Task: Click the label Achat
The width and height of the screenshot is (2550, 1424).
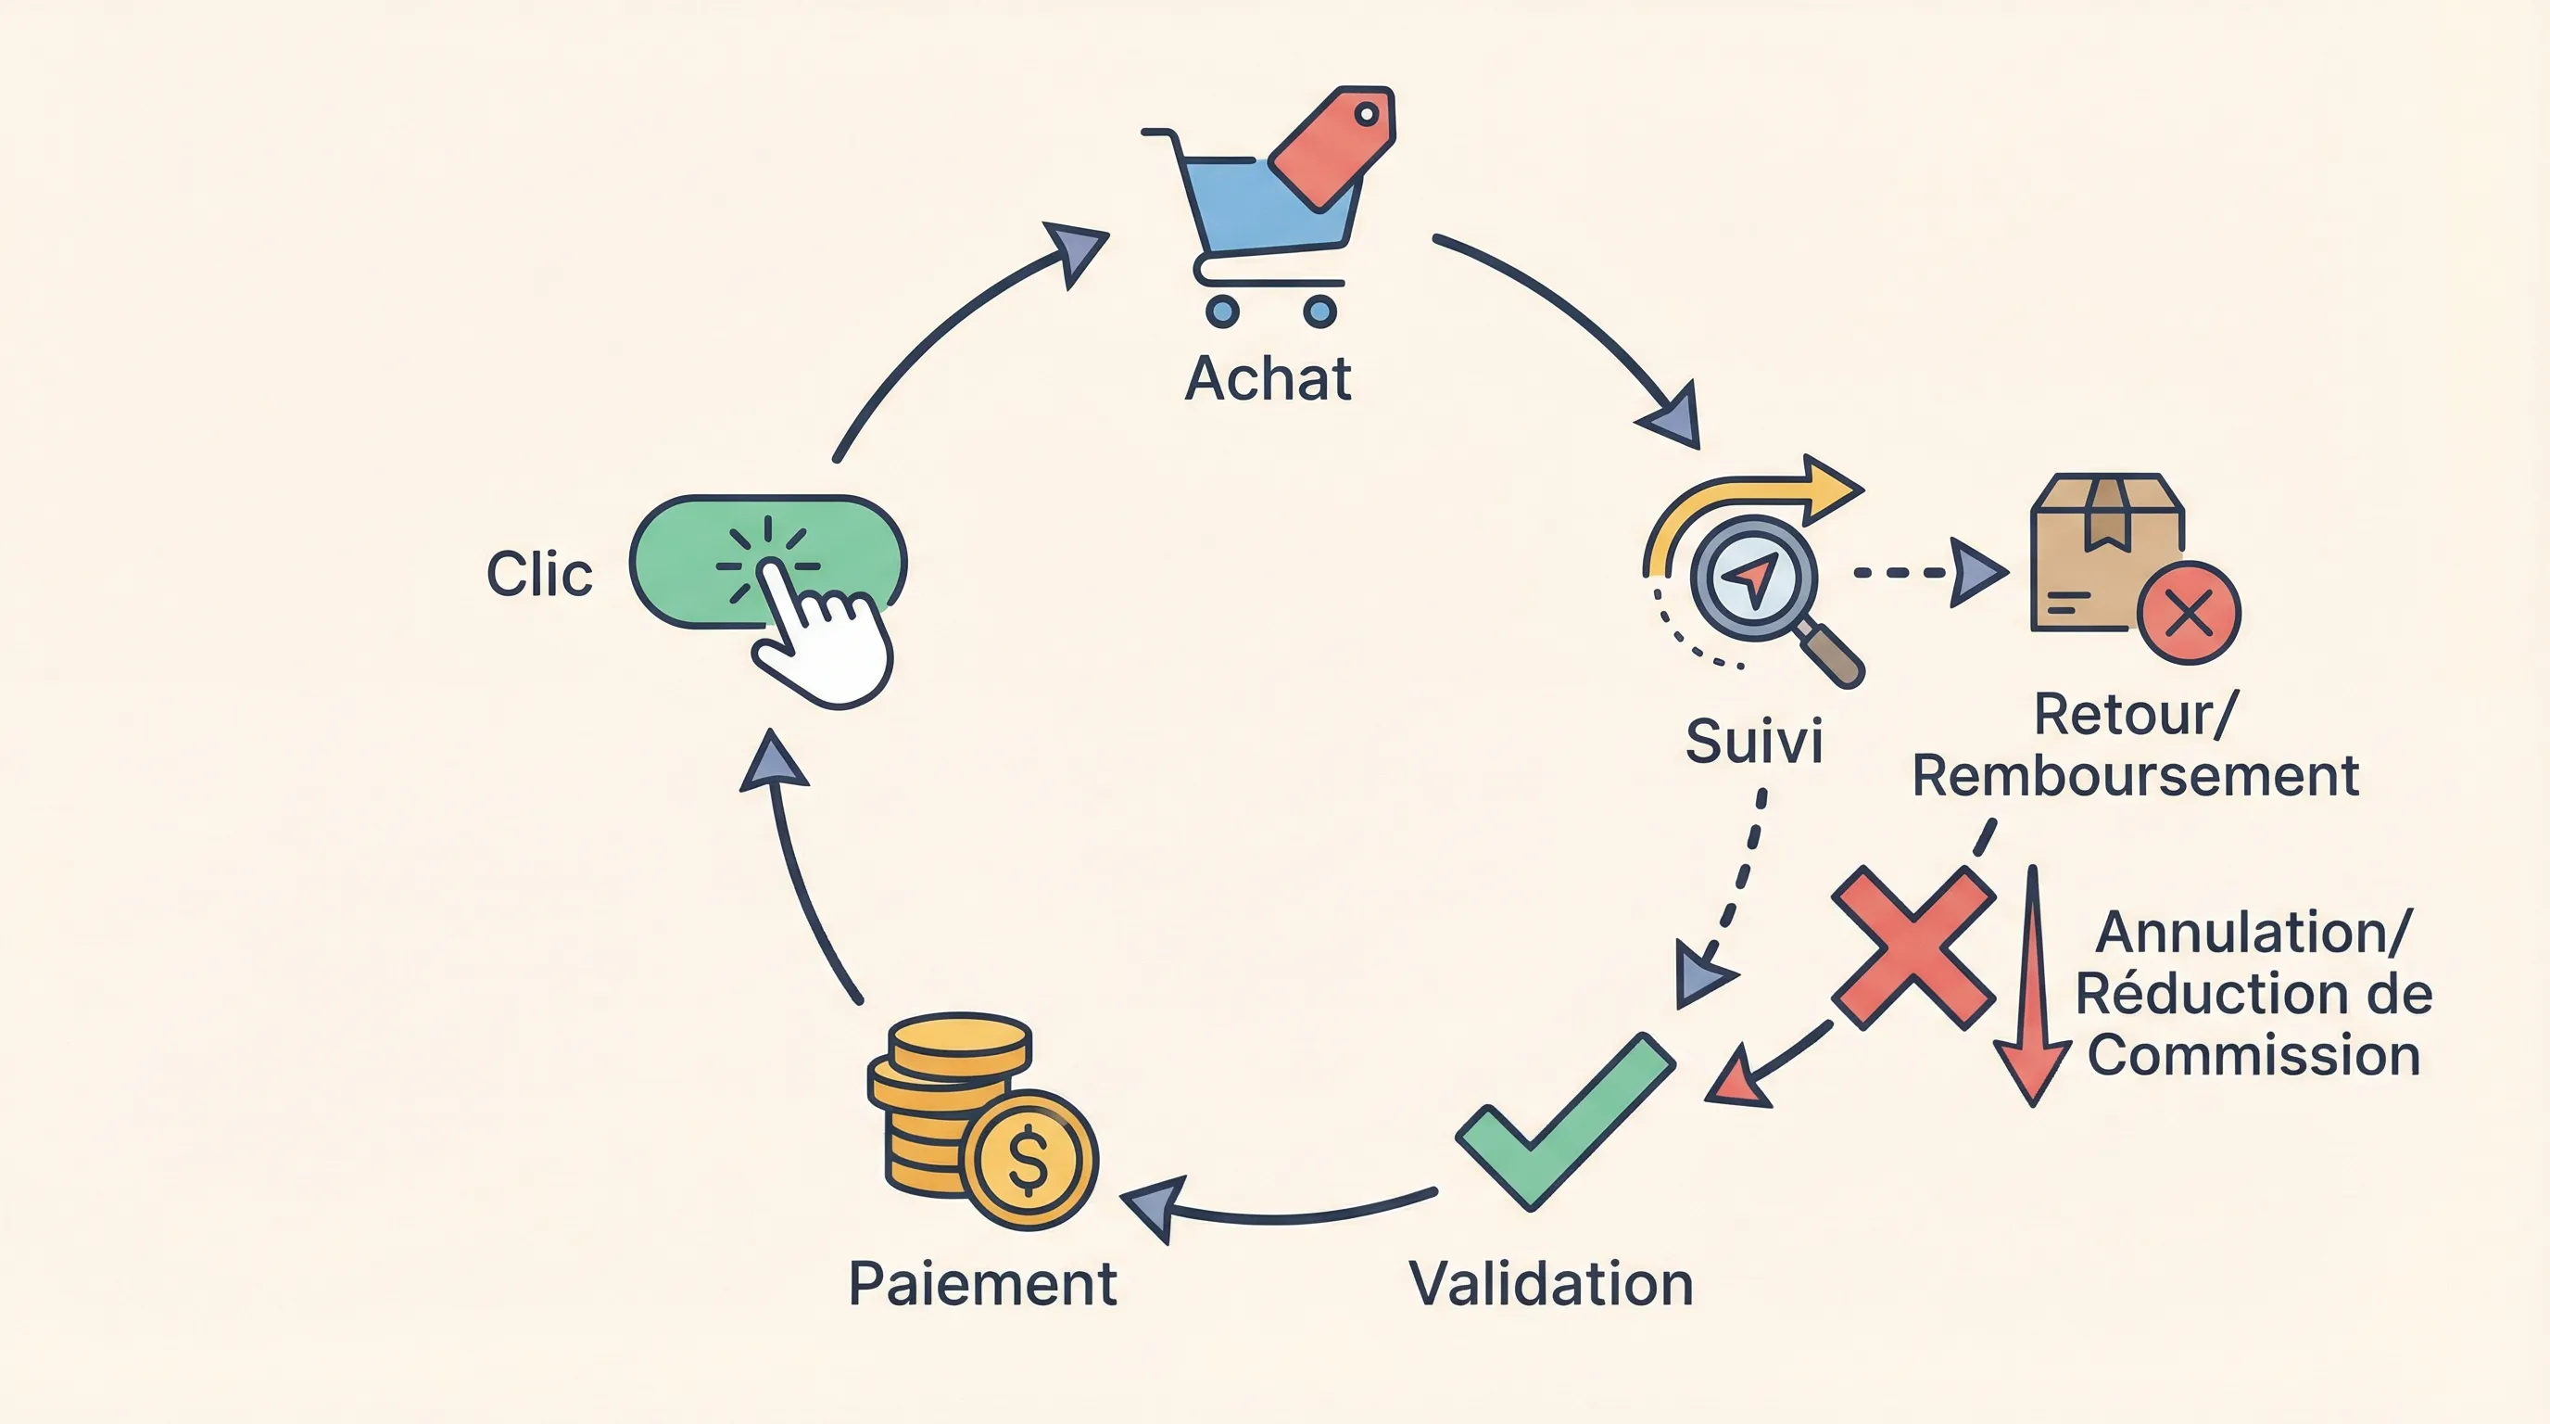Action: [x=1269, y=379]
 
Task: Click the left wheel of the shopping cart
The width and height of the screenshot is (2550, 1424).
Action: [x=1222, y=311]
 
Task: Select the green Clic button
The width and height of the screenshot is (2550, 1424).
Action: [x=693, y=563]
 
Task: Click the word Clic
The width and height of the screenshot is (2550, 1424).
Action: [x=539, y=575]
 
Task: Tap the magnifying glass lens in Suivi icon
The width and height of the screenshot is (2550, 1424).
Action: [x=1753, y=578]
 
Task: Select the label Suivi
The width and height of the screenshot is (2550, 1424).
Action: [x=1753, y=742]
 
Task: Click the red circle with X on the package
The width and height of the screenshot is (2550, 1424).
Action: [x=2189, y=613]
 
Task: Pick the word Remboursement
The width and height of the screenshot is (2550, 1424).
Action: [x=2135, y=775]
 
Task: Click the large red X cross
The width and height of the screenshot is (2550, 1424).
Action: [x=1912, y=947]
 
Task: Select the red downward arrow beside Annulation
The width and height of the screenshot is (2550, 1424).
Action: [x=2032, y=990]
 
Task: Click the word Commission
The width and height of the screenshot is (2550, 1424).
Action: [x=2254, y=1056]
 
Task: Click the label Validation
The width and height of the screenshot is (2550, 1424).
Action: [x=1550, y=1284]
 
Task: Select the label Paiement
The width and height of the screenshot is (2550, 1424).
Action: [x=982, y=1284]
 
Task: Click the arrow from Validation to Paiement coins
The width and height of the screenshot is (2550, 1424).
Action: [x=1287, y=1213]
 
